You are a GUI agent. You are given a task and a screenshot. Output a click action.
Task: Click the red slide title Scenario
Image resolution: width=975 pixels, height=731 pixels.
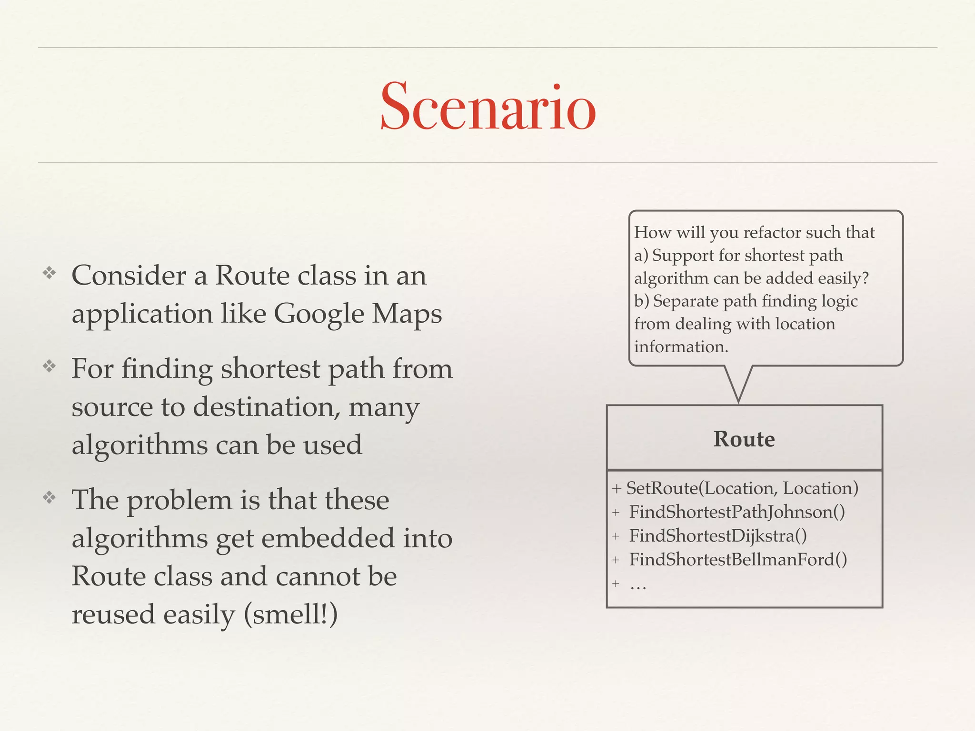(x=488, y=107)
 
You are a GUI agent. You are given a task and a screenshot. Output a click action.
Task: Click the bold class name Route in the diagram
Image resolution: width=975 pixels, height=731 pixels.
(x=744, y=439)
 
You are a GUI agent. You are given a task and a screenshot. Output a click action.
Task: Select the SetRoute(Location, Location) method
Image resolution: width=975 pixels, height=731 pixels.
(x=742, y=488)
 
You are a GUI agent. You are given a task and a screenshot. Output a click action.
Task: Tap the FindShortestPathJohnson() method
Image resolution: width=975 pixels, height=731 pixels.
(x=737, y=512)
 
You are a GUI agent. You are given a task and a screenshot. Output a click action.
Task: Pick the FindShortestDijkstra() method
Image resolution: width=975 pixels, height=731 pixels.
(x=718, y=536)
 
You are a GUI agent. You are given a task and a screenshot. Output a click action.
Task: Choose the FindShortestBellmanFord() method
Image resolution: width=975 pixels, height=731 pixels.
(x=738, y=560)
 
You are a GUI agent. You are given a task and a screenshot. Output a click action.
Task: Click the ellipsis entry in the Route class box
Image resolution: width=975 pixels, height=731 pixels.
(x=638, y=584)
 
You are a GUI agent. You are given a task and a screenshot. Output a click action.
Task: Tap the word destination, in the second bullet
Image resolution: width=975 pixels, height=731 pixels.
(x=266, y=407)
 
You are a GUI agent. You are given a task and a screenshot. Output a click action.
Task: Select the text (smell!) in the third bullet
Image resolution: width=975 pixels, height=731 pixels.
(x=290, y=614)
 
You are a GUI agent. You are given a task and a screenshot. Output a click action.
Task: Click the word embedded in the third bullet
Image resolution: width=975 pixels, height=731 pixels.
(x=328, y=538)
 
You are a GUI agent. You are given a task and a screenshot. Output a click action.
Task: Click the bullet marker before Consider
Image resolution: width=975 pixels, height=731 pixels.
(x=50, y=273)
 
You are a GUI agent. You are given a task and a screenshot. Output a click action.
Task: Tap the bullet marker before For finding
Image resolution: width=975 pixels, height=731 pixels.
(x=50, y=366)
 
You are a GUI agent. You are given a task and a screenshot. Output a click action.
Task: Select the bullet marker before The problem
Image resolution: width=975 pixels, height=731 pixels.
(x=50, y=498)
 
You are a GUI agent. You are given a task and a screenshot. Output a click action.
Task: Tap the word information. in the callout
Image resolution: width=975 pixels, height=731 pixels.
(x=681, y=347)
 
